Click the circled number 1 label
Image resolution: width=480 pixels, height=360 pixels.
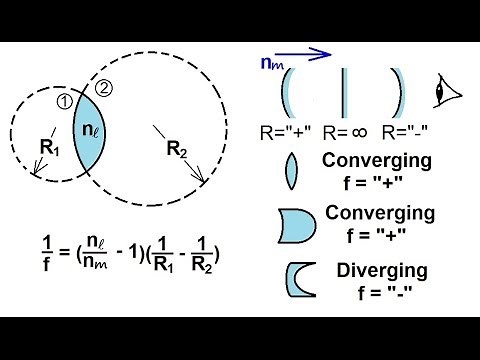63,100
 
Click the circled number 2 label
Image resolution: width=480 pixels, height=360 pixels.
106,88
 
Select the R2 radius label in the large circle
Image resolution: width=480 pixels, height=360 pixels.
176,153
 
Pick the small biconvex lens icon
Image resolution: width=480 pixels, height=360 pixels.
291,170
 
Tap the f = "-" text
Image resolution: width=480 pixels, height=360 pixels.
383,291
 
